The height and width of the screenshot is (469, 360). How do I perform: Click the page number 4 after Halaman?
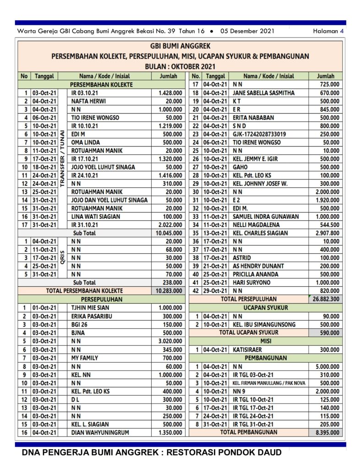(x=342, y=31)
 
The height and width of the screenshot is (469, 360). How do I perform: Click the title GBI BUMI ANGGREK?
(x=180, y=46)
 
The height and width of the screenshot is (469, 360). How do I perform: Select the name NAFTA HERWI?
(x=87, y=101)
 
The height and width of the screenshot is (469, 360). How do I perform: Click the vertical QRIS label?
(x=62, y=257)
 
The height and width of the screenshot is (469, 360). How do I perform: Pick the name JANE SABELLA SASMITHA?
(x=263, y=93)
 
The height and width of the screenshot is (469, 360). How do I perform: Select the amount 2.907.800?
(x=327, y=233)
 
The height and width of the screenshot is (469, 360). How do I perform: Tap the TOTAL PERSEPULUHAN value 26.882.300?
(x=326, y=299)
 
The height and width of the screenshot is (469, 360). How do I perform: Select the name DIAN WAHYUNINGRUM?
(x=100, y=432)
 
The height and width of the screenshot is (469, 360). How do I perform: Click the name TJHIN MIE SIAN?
(x=91, y=308)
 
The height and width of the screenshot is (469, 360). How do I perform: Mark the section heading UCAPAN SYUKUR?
(x=265, y=308)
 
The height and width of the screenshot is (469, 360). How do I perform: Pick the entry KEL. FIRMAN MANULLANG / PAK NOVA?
(x=269, y=383)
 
